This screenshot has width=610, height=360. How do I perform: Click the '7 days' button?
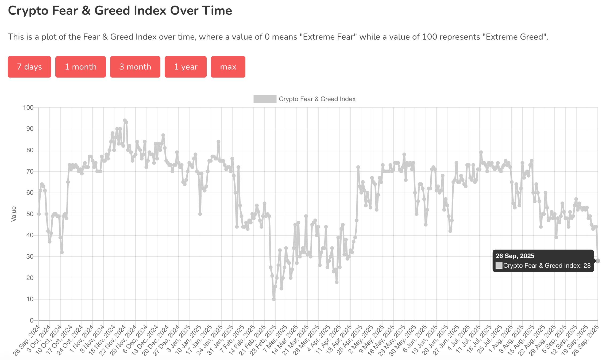(29, 67)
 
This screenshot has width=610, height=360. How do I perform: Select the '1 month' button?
(80, 67)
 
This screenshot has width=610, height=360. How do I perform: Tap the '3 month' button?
(135, 67)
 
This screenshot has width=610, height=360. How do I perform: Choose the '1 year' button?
(186, 67)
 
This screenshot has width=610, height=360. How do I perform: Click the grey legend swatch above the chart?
(265, 99)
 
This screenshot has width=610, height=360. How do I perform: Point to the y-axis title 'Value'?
(14, 214)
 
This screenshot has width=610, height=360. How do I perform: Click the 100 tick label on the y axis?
(28, 108)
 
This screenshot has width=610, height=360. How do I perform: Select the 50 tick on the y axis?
(30, 214)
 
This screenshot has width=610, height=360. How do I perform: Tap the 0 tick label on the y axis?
(32, 320)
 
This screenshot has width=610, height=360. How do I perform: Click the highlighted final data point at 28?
(598, 261)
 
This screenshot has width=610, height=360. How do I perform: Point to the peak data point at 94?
(125, 121)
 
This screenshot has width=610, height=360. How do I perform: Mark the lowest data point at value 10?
(274, 299)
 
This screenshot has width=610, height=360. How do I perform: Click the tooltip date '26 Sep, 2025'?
(515, 256)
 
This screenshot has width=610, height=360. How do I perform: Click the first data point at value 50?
(39, 214)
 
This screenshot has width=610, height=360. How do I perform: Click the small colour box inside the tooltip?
(499, 266)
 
